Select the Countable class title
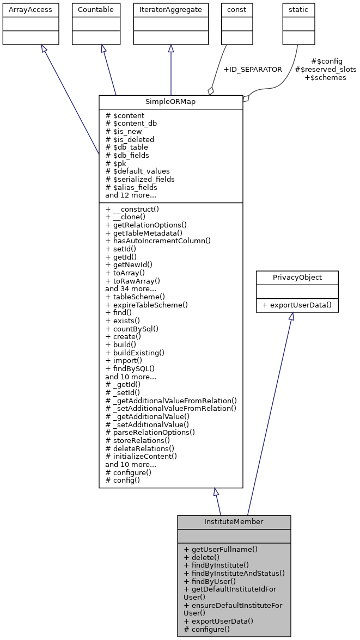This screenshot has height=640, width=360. click(x=96, y=10)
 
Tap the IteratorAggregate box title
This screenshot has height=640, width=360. click(x=171, y=10)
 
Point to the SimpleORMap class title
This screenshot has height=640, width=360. click(x=170, y=102)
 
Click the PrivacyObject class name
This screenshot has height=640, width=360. click(x=297, y=278)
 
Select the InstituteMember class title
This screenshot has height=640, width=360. click(x=234, y=522)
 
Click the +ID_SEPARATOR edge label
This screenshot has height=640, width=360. click(x=253, y=70)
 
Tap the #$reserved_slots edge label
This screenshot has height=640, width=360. click(x=325, y=70)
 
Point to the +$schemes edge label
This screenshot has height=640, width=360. click(x=325, y=78)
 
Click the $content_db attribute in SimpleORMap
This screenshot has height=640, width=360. click(x=131, y=124)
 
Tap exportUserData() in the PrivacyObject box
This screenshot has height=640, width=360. click(x=297, y=305)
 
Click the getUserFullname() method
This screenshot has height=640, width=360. click(x=221, y=550)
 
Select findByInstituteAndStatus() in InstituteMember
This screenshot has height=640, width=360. click(x=234, y=573)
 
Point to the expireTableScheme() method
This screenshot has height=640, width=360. click(x=147, y=305)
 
